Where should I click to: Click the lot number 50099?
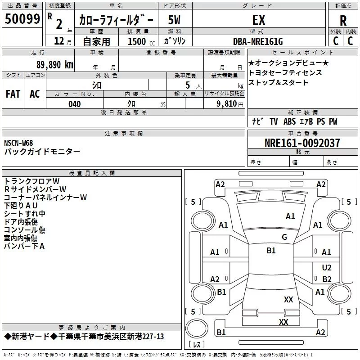[22, 19]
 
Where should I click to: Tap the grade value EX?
[258, 20]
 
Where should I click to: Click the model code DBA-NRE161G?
[258, 41]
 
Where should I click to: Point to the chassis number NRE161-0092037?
[302, 143]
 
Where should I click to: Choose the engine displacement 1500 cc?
[137, 41]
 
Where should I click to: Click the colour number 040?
[75, 104]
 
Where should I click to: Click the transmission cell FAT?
[13, 94]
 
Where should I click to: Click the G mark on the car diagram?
[284, 237]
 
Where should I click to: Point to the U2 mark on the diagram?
[327, 268]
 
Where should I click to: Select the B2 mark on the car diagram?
[327, 279]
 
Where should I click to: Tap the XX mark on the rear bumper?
[283, 322]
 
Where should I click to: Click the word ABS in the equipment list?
[289, 121]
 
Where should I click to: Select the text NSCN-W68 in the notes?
[18, 143]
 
